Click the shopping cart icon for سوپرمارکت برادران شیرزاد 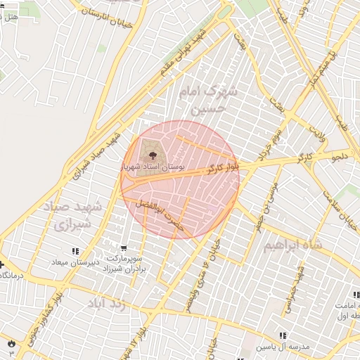pyautogui.click(x=124, y=247)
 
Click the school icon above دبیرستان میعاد pyautogui.click(x=75, y=251)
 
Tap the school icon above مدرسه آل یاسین pyautogui.click(x=283, y=337)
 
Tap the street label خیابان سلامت pyautogui.click(x=346, y=211)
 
